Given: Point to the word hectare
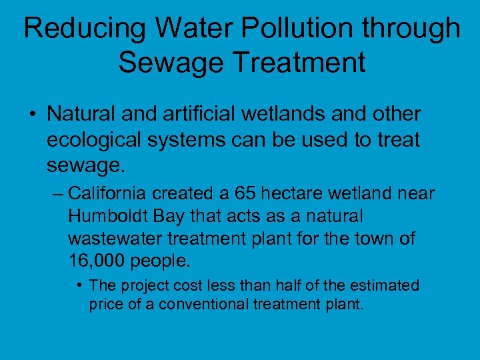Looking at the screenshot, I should (293, 193).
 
